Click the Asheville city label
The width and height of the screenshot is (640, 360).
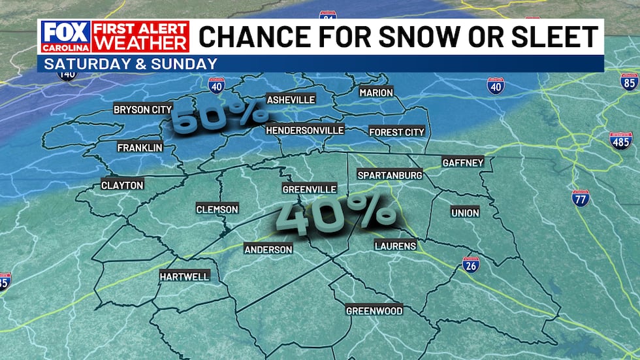point(291,100)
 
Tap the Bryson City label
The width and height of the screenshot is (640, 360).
point(142,110)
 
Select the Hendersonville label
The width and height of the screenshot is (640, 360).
point(304,131)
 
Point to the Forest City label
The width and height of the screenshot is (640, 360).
point(396,132)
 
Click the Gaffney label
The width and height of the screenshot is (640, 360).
point(462,163)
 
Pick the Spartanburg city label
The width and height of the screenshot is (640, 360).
point(390,175)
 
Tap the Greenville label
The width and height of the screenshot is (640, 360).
point(309,189)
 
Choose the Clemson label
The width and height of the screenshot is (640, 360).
point(217,210)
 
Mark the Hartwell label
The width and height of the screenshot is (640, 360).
point(184,277)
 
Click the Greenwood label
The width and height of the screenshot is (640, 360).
point(374,311)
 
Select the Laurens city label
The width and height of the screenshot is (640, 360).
point(395,246)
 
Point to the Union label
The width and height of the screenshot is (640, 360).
point(464,213)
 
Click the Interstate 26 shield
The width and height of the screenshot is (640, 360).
point(470,264)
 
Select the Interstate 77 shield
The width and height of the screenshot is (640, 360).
point(580,198)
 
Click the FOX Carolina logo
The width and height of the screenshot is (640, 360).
point(65,37)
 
